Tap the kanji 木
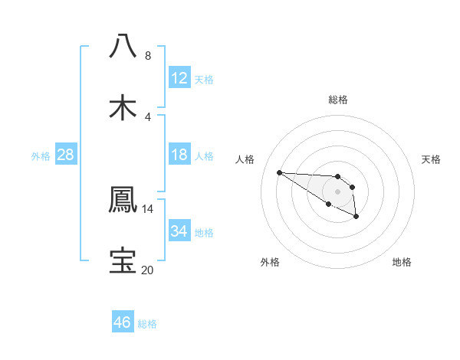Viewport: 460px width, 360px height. [x=123, y=107]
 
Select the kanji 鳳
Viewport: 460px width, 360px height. [x=123, y=199]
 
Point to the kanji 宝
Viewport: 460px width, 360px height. [x=123, y=260]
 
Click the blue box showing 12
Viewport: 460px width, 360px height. [x=179, y=78]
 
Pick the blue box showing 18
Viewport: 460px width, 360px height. [x=179, y=155]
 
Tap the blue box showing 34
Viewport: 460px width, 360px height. [x=179, y=231]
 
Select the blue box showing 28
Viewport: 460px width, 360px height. [x=66, y=155]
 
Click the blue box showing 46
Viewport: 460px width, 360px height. [x=123, y=322]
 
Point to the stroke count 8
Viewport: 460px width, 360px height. [x=148, y=56]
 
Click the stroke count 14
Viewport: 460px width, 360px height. [x=148, y=209]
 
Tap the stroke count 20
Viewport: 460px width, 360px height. [x=148, y=270]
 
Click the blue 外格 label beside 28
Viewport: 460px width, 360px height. [x=41, y=156]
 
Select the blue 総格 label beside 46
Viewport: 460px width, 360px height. [x=147, y=324]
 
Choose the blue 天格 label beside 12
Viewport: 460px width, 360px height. [x=204, y=80]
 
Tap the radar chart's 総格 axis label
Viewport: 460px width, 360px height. [x=338, y=100]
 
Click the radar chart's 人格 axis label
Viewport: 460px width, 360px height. [x=245, y=159]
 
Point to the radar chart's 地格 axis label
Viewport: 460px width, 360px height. [x=402, y=262]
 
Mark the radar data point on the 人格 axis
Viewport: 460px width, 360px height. [x=279, y=172]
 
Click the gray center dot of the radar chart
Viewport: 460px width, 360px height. [x=337, y=191]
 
